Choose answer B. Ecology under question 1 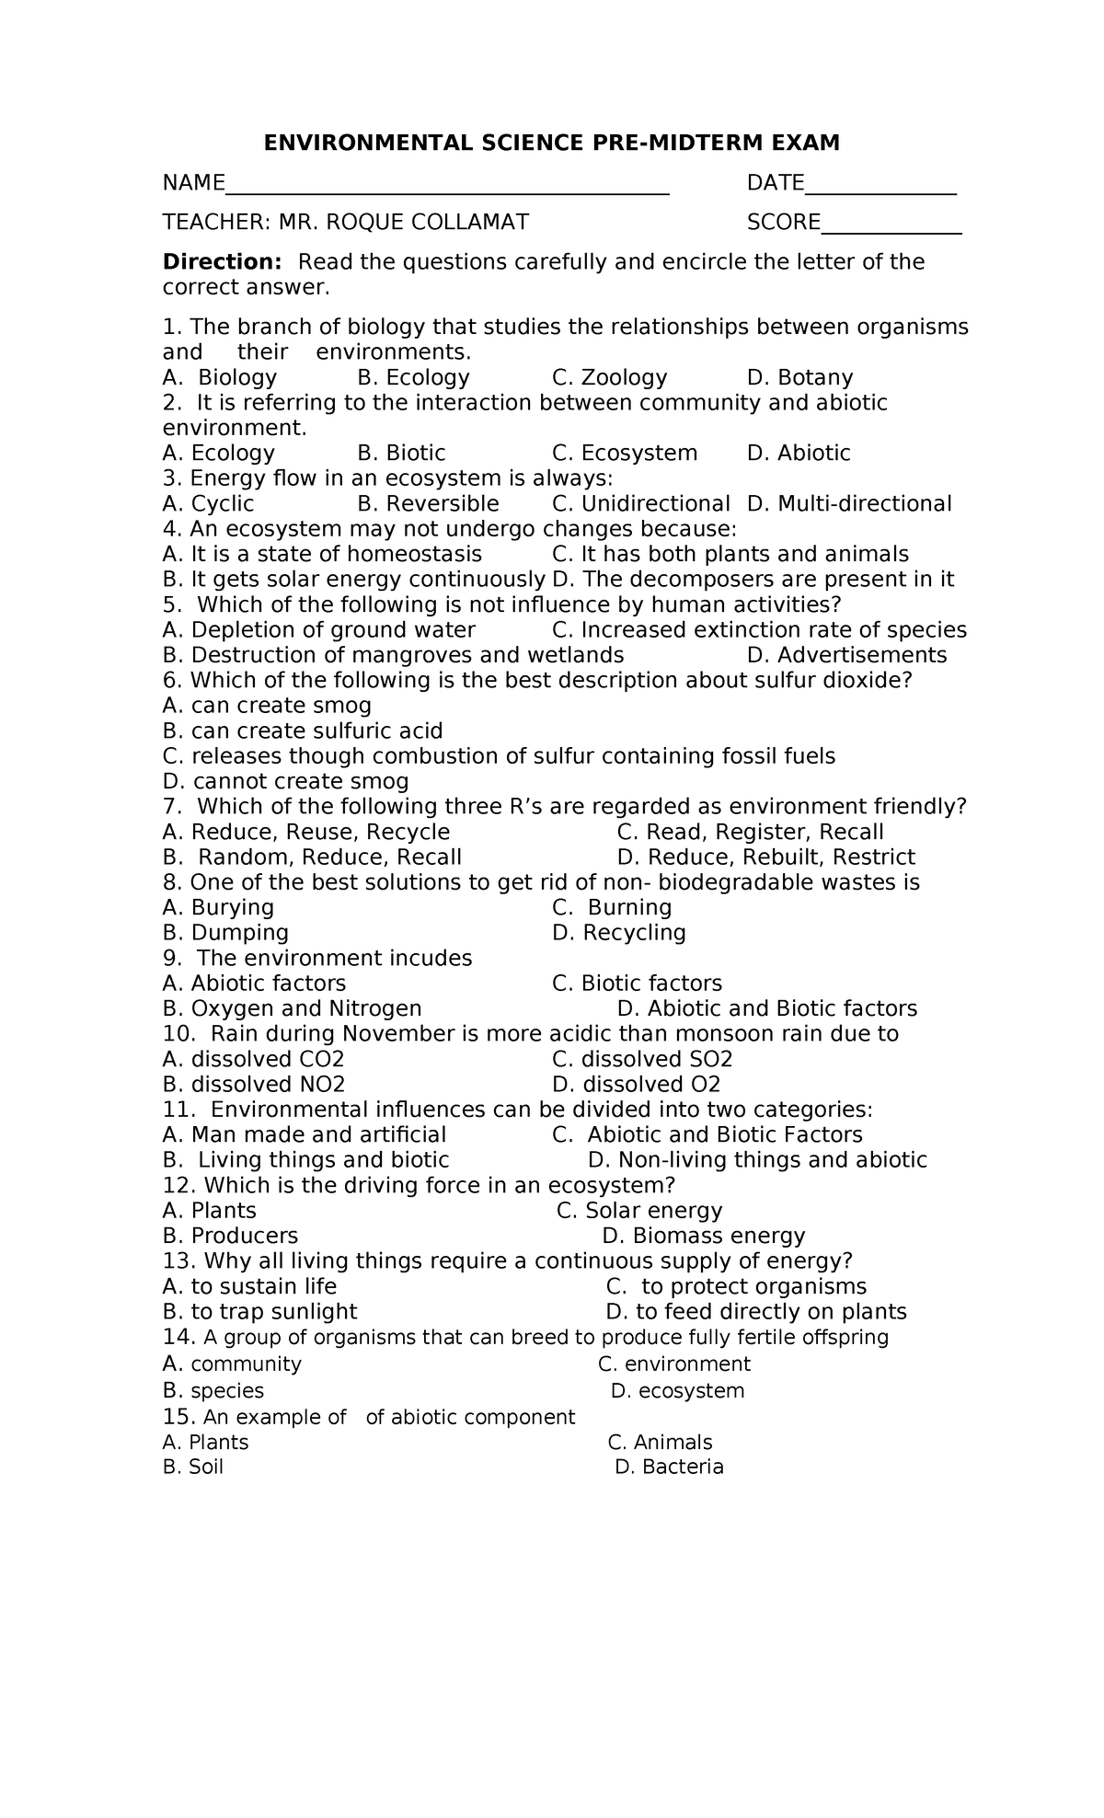click(413, 377)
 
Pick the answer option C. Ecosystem click(625, 453)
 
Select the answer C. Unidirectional click(640, 503)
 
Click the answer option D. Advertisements click(846, 655)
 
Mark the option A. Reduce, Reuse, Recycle click(306, 832)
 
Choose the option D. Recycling click(619, 933)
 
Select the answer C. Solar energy click(639, 1211)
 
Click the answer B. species click(213, 1390)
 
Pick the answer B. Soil click(193, 1467)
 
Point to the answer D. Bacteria click(669, 1467)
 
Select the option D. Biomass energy click(704, 1236)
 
